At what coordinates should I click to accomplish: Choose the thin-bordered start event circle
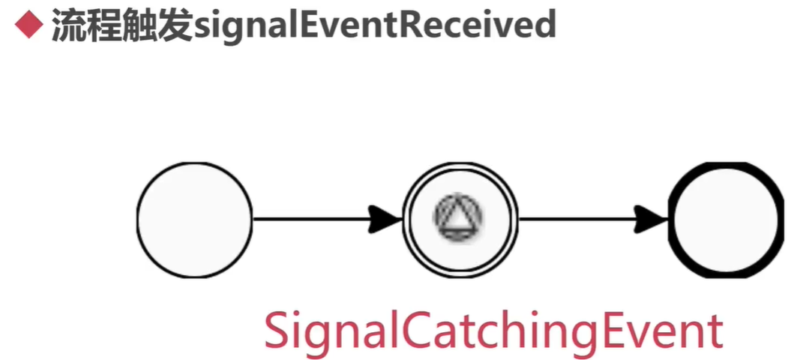coord(195,219)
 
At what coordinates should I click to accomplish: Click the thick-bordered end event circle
coord(726,219)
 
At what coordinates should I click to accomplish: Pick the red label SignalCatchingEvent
coord(493,331)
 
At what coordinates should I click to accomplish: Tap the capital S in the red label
coord(278,331)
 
